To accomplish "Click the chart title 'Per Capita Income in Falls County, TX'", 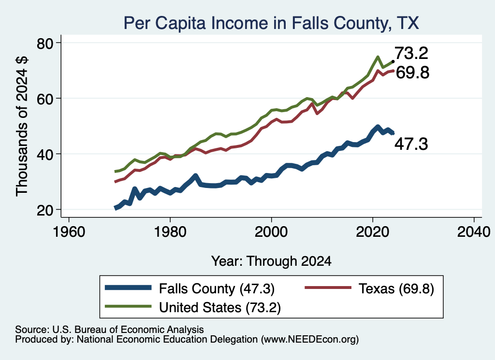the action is point(271,23).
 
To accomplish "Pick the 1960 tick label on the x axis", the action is point(69,232).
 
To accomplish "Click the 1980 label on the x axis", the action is point(170,232).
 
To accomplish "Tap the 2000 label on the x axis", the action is point(271,232).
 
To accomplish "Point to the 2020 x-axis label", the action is point(373,232).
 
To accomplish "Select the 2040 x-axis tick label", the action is point(474,232).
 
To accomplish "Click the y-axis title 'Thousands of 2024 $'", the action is point(22,126).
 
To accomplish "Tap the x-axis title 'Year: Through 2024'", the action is point(271,261).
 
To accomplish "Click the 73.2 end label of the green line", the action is point(411,53).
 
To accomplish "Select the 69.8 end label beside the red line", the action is point(413,72).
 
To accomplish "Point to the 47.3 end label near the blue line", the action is point(411,144).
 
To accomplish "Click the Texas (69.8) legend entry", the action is point(369,288).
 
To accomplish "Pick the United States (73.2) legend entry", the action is point(193,307).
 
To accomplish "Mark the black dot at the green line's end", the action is point(393,61).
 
